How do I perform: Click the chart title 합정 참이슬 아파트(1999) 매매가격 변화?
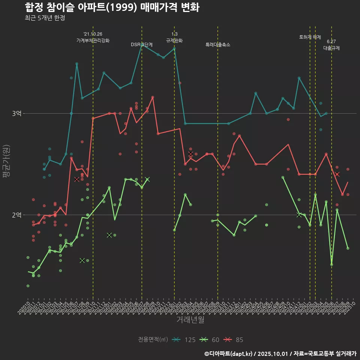[112, 7]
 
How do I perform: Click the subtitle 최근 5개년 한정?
[45, 18]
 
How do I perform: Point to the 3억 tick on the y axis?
[16, 113]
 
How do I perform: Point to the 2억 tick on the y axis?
[16, 215]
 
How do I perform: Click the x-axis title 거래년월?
[190, 320]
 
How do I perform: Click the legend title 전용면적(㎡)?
[153, 340]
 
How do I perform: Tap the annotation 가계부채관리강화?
[93, 40]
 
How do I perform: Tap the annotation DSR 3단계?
[142, 45]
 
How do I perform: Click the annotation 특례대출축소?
[218, 45]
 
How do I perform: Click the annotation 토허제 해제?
[310, 37]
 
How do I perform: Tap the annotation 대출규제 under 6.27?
[331, 48]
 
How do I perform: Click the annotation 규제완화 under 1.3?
[174, 40]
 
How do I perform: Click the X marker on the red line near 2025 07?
[337, 174]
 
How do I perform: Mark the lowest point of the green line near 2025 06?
[331, 264]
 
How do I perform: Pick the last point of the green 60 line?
[348, 248]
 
